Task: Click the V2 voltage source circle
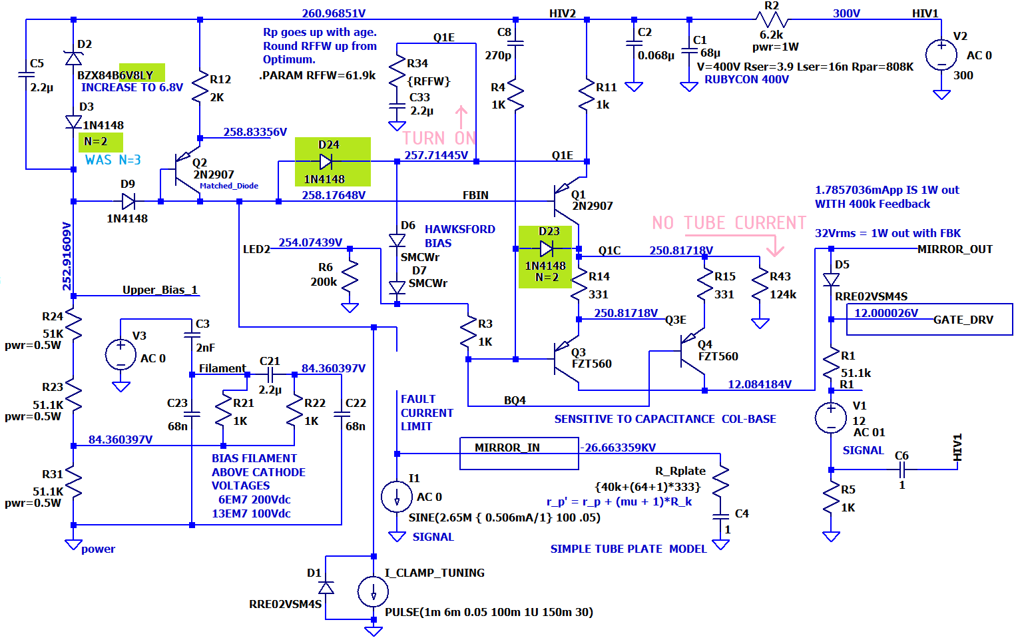pyautogui.click(x=941, y=55)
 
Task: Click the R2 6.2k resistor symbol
pyautogui.click(x=771, y=19)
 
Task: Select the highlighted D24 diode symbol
pyautogui.click(x=326, y=161)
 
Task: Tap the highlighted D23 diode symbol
pyautogui.click(x=546, y=249)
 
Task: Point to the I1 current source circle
pyautogui.click(x=397, y=497)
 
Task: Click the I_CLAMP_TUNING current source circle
pyautogui.click(x=374, y=592)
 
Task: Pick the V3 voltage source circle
pyautogui.click(x=121, y=354)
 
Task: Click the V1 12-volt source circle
pyautogui.click(x=831, y=418)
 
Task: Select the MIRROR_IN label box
pyautogui.click(x=519, y=454)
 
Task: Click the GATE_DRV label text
pyautogui.click(x=963, y=320)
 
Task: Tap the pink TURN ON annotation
pyautogui.click(x=439, y=138)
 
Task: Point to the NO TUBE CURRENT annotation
pyautogui.click(x=728, y=222)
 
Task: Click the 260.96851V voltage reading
pyautogui.click(x=334, y=13)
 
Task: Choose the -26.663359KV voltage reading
pyautogui.click(x=618, y=448)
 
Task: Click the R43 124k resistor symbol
pyautogui.click(x=760, y=286)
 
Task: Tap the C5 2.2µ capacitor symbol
pyautogui.click(x=26, y=74)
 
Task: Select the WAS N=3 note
pyautogui.click(x=113, y=160)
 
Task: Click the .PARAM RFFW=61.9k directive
pyautogui.click(x=318, y=75)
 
